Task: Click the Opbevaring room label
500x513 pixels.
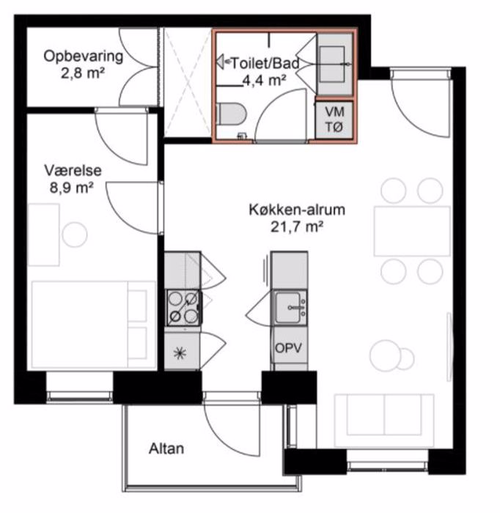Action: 83,56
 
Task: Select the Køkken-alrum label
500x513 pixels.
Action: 296,210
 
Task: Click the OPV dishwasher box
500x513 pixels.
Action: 289,347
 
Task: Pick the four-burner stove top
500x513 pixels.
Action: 183,307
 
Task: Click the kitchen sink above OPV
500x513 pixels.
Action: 290,306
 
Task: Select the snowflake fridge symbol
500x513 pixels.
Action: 179,353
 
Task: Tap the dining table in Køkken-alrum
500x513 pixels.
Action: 411,231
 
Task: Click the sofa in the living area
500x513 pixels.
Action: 384,418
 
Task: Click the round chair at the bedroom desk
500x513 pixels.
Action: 74,235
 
